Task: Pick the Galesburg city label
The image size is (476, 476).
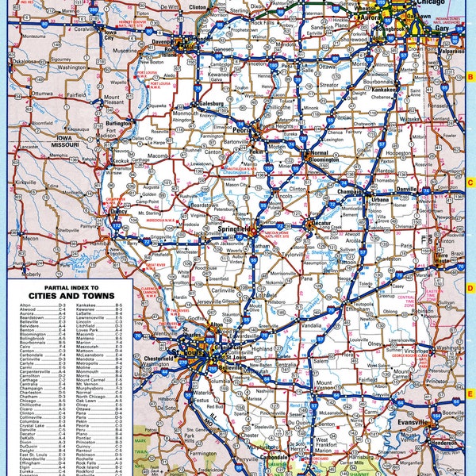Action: coord(208,103)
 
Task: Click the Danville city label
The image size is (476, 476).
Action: coord(406,191)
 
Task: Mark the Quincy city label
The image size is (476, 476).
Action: coord(118,213)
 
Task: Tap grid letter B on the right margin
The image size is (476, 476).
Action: coord(470,77)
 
